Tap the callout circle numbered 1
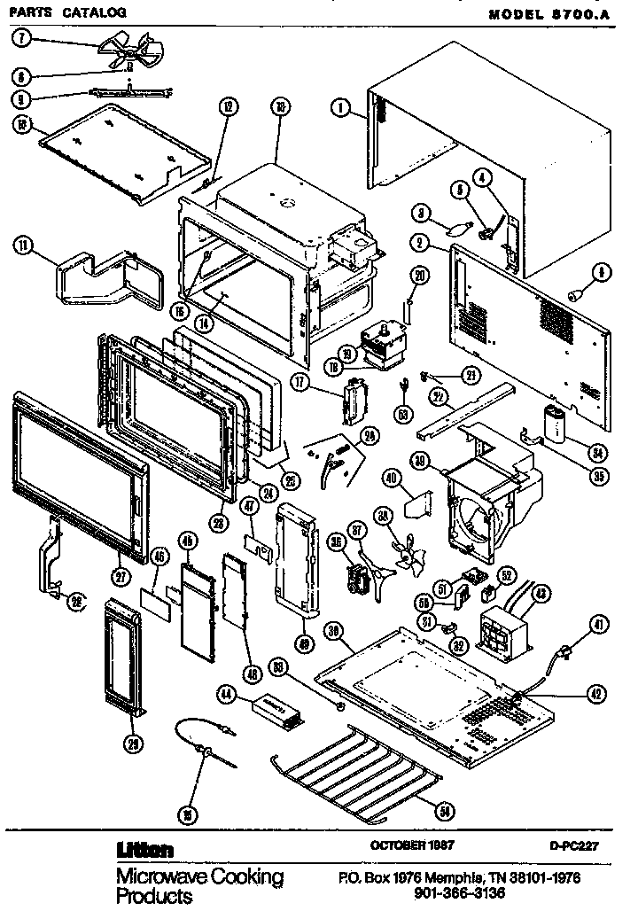[x=338, y=110]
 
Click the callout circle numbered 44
[x=227, y=696]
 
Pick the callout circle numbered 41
[x=600, y=626]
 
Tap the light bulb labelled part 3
[x=457, y=224]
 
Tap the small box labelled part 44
[x=277, y=707]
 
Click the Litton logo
[x=145, y=849]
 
